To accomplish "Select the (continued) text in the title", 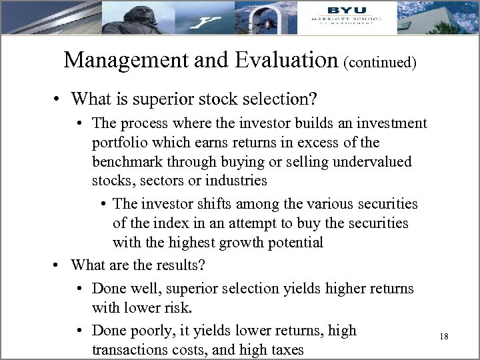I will (x=381, y=63).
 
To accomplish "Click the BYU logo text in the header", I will (x=345, y=10).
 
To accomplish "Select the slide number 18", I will (x=444, y=337).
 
